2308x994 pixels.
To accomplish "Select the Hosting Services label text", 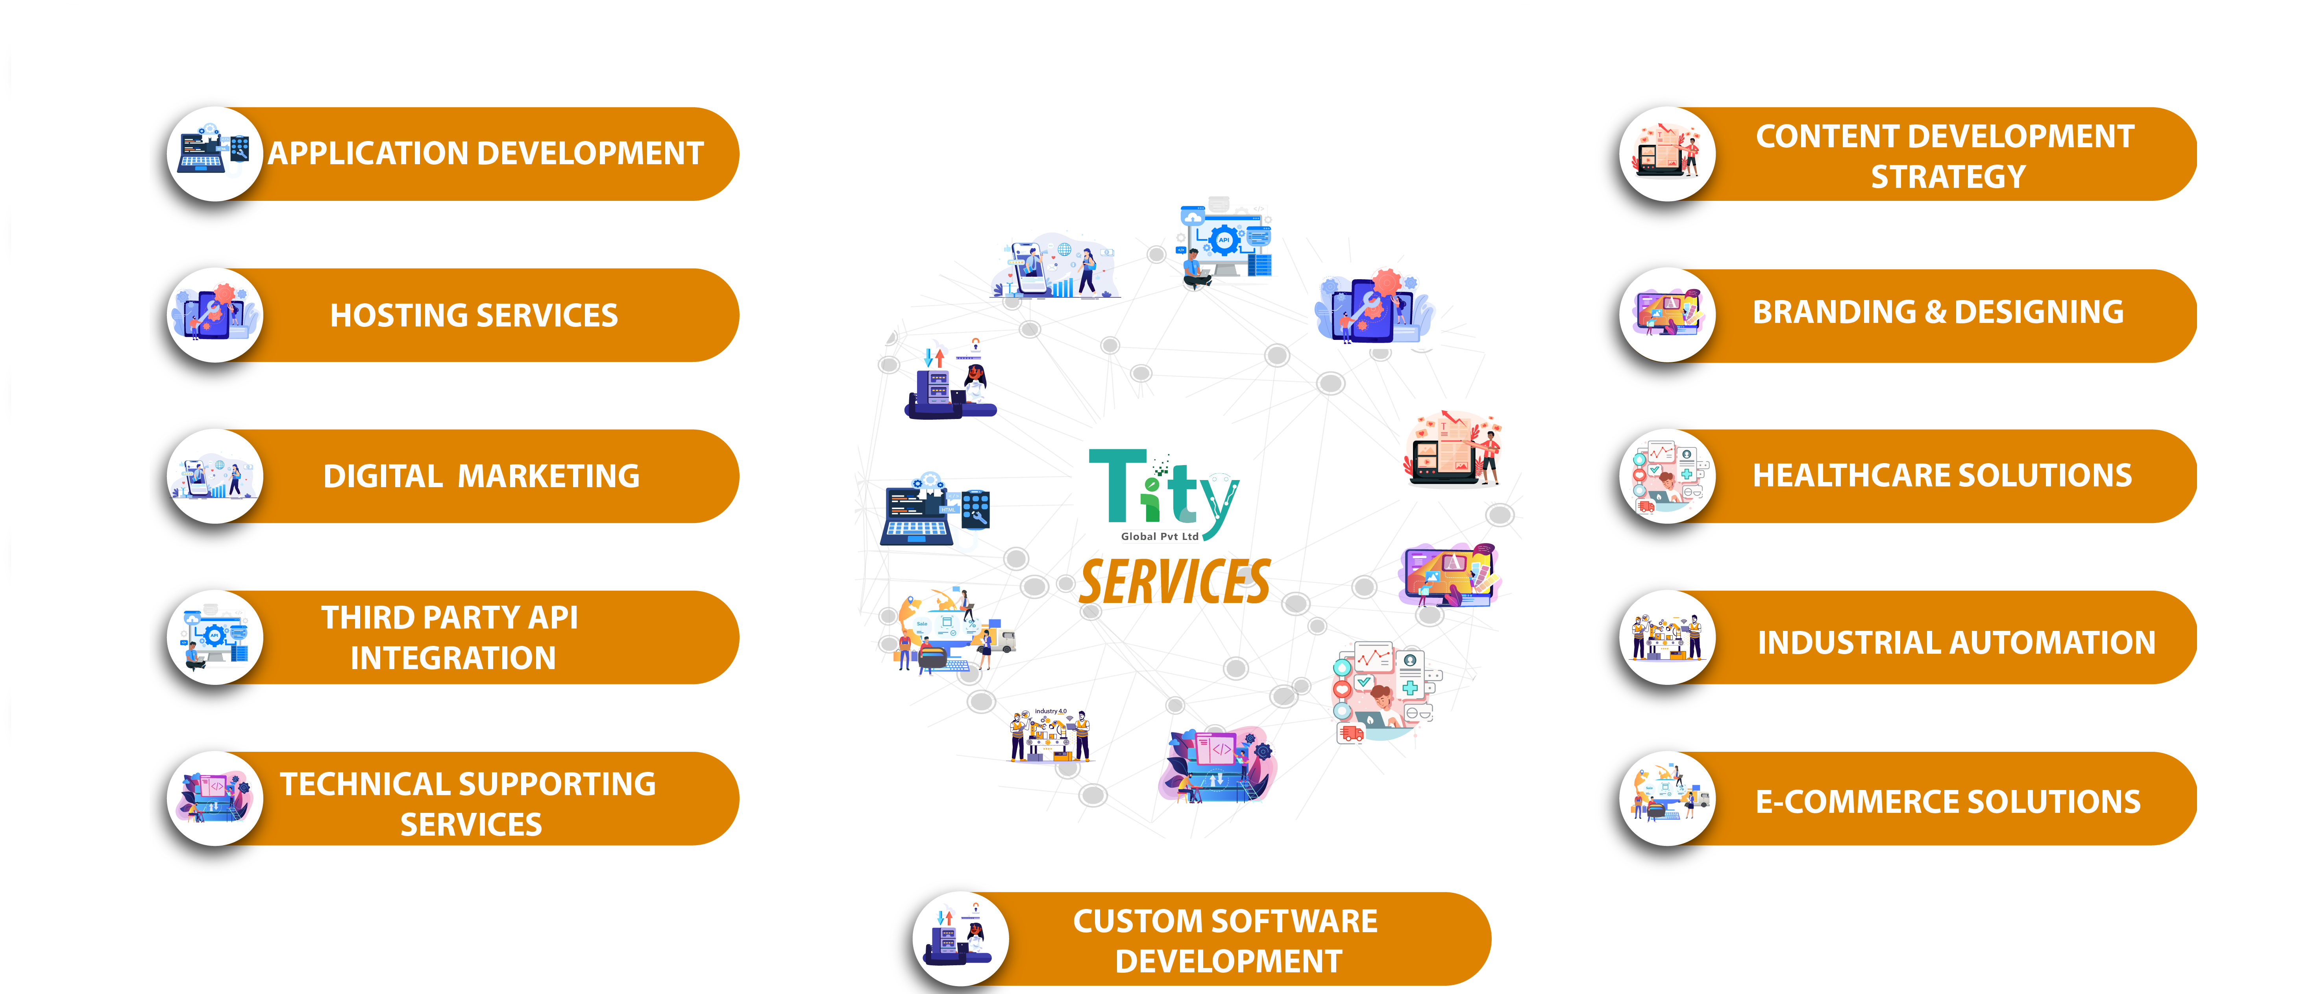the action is point(474,315).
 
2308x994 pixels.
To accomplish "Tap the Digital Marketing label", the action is point(481,476).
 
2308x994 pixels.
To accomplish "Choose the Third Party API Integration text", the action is point(451,637).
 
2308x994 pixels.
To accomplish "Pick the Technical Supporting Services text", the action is point(469,804).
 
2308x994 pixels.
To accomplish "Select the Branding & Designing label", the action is point(1938,312).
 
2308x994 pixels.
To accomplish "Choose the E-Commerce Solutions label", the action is point(1948,801).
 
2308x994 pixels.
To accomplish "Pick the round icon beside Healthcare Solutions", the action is point(1667,476).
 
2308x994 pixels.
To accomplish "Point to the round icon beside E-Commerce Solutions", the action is point(1667,799).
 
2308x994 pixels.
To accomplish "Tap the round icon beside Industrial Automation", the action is point(1667,637).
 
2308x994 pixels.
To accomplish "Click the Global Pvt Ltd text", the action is point(1160,537).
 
